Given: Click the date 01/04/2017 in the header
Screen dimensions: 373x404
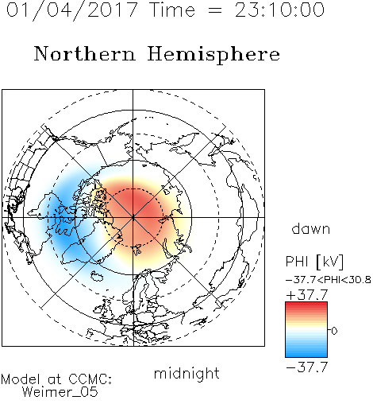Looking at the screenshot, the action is click(72, 10).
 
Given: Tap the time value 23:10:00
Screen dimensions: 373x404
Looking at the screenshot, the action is click(279, 10).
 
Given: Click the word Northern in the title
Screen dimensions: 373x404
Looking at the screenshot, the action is click(85, 53).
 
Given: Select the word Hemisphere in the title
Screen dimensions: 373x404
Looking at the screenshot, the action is click(213, 55).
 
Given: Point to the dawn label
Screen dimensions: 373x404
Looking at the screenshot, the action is click(311, 228).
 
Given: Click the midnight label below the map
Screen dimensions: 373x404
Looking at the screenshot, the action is click(186, 373).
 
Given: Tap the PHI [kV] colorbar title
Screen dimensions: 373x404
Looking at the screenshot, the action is click(314, 262).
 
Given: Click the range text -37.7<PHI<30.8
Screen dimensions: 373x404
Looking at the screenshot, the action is click(329, 280).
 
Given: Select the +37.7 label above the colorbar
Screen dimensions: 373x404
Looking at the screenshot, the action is click(307, 295).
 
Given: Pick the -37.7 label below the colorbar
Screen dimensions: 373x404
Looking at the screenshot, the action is click(307, 367).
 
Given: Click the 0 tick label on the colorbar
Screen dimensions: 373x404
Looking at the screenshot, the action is click(334, 331).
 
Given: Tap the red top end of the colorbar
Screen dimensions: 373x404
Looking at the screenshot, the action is click(306, 304).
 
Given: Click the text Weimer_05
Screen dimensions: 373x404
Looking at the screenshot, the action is click(60, 392).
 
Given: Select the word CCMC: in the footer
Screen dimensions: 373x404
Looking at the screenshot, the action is click(90, 379).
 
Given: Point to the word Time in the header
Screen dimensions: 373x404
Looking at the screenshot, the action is click(172, 10).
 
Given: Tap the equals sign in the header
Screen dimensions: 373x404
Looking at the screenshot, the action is click(215, 10).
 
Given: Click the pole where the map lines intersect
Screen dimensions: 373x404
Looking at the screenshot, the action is click(133, 217).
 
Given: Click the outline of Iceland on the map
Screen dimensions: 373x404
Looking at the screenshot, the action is click(97, 276).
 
